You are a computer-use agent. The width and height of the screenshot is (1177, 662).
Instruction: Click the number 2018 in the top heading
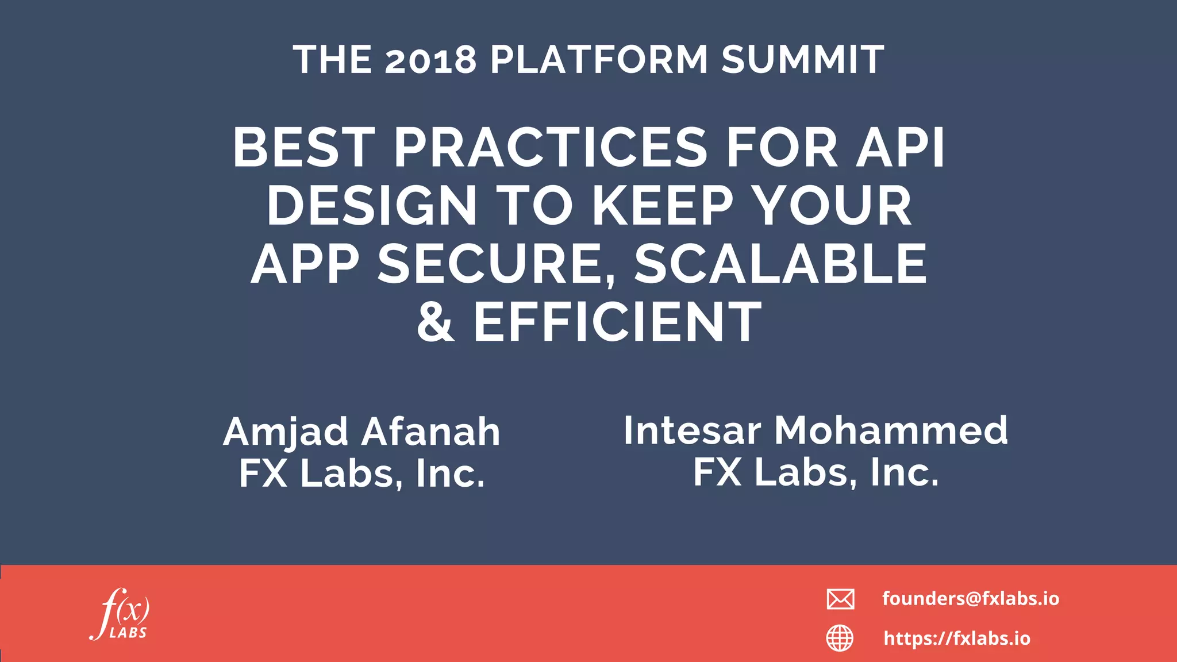click(430, 60)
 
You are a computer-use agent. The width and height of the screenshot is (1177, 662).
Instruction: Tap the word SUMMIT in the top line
click(803, 60)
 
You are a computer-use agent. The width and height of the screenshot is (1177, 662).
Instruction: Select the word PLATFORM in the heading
click(599, 60)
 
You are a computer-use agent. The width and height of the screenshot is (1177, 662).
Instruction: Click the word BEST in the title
click(304, 148)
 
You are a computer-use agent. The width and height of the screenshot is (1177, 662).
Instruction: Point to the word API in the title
click(900, 148)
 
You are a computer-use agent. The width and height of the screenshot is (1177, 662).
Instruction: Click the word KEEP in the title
click(663, 206)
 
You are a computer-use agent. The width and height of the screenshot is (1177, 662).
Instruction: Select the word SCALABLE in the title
click(780, 264)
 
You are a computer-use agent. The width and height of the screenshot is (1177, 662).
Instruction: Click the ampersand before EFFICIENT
click(436, 322)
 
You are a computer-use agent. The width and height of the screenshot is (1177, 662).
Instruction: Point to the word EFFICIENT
click(617, 322)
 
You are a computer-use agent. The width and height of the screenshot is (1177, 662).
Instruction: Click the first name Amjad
click(286, 432)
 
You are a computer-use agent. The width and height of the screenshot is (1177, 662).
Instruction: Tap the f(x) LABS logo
click(120, 614)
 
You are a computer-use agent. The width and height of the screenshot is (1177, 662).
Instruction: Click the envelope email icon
click(840, 599)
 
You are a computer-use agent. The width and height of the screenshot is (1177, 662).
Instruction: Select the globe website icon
click(840, 638)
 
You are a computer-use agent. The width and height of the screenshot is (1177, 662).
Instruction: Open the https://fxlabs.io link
click(957, 638)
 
